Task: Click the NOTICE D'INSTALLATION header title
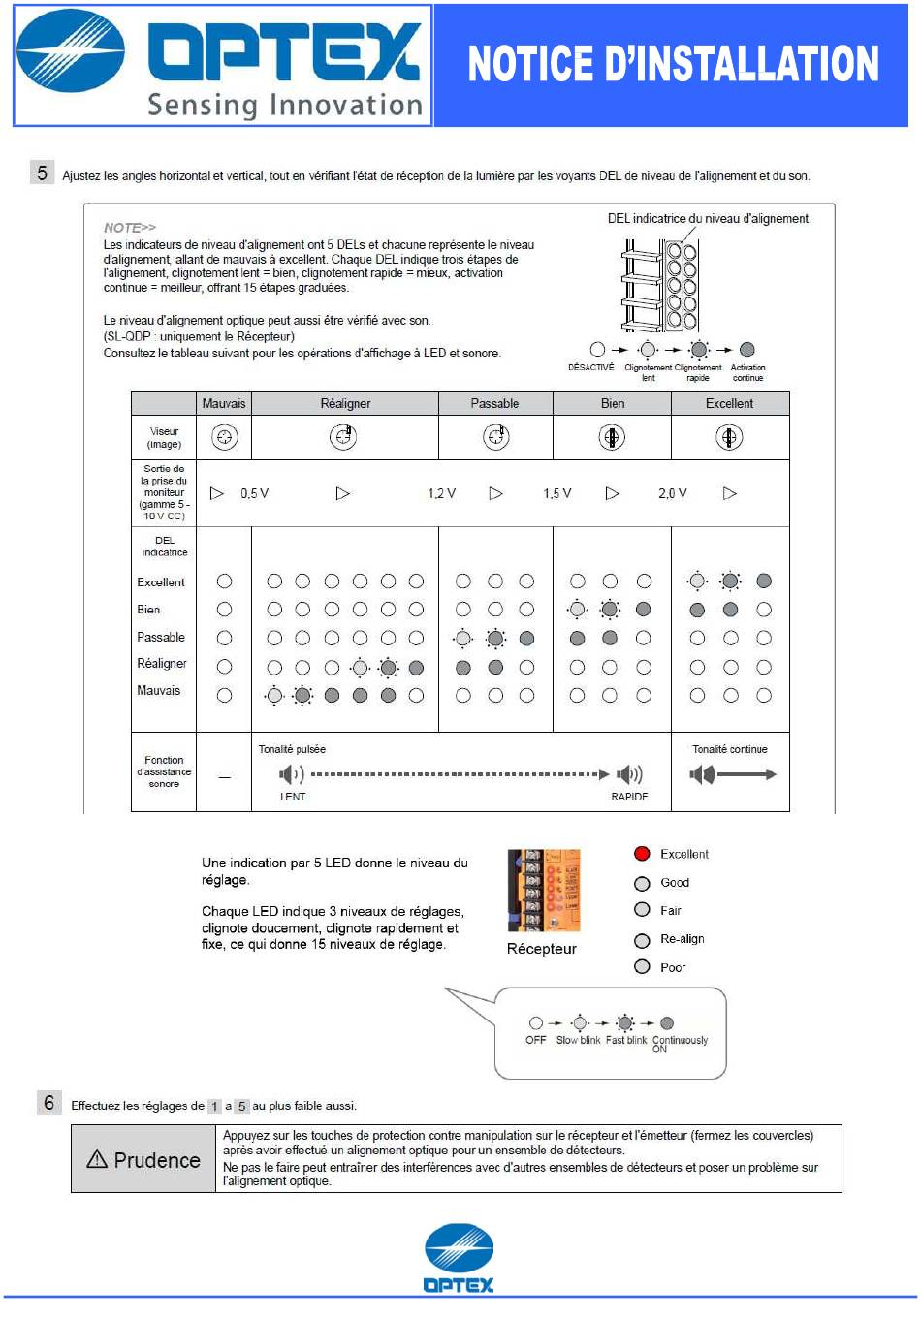(673, 65)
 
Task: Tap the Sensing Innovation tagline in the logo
(285, 105)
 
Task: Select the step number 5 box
(42, 173)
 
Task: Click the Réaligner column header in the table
(345, 403)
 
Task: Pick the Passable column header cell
(494, 403)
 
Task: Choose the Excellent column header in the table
(729, 403)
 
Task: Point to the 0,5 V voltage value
(254, 493)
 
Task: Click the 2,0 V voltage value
(672, 493)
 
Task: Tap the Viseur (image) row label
(164, 438)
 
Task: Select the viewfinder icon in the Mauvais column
(225, 438)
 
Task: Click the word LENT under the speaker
(293, 797)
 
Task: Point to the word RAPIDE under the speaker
(629, 797)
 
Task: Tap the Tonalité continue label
(729, 749)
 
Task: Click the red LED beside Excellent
(642, 854)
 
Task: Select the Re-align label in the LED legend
(683, 939)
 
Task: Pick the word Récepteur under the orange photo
(541, 949)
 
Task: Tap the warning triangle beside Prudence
(97, 1159)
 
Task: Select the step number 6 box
(49, 1103)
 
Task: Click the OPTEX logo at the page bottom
(459, 1258)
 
